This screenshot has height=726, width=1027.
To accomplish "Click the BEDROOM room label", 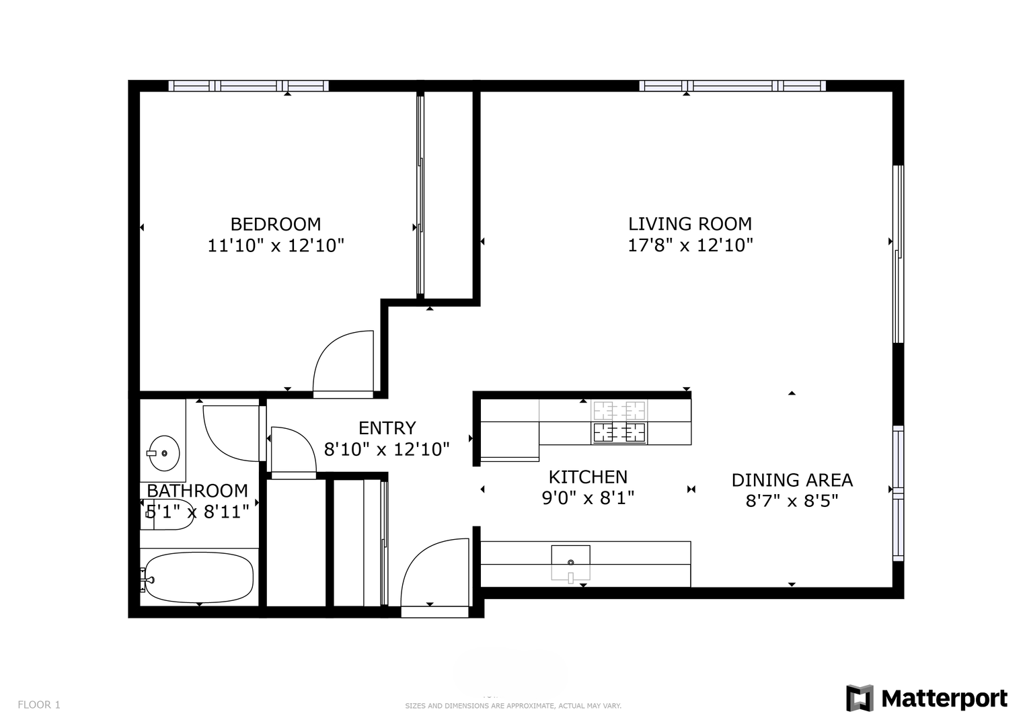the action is click(276, 224).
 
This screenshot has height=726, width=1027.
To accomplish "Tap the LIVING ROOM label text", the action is click(690, 224).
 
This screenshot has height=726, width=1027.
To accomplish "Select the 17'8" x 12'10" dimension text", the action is click(690, 245).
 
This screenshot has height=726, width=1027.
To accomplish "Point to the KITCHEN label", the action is click(588, 477).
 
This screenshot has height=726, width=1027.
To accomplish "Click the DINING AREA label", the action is click(792, 480).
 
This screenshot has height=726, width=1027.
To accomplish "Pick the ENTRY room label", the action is click(387, 428).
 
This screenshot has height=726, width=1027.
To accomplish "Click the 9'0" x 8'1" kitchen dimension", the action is click(588, 497).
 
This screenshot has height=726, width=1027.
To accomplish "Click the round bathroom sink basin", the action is click(164, 453).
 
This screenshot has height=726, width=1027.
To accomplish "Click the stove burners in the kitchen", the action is click(619, 421).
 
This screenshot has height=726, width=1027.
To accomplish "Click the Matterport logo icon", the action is click(859, 698).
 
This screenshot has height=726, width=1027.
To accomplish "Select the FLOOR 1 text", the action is click(39, 704).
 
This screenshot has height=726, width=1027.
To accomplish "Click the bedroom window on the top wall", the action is click(248, 86).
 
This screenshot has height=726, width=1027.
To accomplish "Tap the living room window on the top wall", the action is click(732, 86).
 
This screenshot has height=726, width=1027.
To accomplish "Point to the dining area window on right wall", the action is click(898, 493).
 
